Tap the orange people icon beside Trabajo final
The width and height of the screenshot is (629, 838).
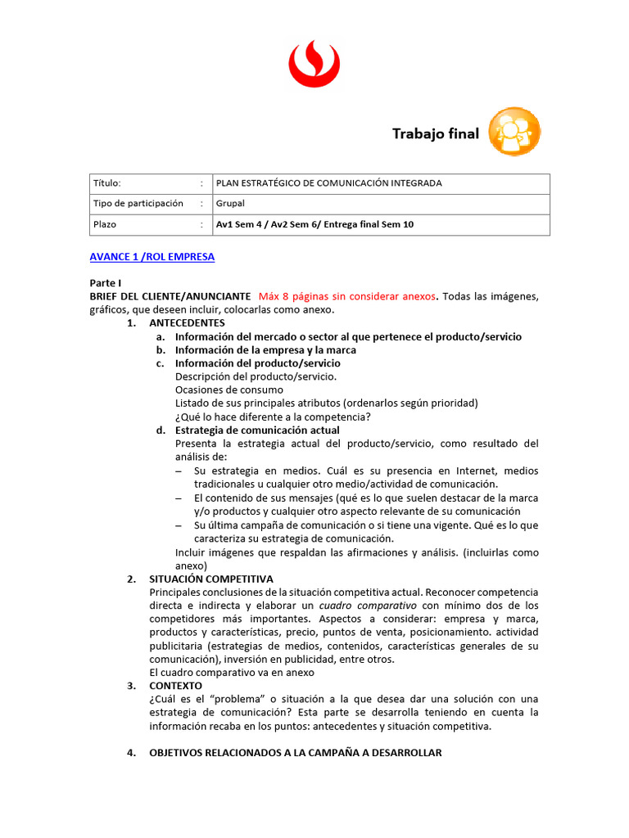tap(514, 132)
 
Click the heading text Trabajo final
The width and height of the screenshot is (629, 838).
tap(435, 133)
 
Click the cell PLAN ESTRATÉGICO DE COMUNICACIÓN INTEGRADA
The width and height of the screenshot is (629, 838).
tap(328, 183)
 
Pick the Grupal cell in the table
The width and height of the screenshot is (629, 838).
tap(231, 204)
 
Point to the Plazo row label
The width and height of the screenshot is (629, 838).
tap(105, 224)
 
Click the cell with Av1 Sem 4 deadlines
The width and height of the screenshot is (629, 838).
tap(314, 224)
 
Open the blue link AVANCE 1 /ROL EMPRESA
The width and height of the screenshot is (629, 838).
tap(152, 257)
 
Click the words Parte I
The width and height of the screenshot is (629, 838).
tap(106, 282)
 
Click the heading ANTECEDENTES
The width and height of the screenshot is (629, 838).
tap(187, 323)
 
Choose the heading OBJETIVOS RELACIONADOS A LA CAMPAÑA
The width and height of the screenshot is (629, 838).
tap(295, 753)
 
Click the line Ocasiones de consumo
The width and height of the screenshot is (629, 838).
tap(229, 390)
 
